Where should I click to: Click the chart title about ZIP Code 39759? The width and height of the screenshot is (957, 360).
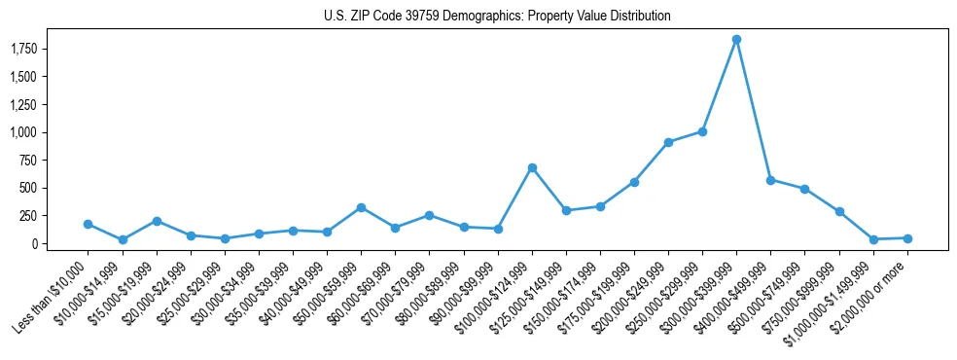point(497,17)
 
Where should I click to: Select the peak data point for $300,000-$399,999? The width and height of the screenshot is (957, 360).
point(736,39)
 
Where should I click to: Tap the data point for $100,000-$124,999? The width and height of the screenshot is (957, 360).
point(532,167)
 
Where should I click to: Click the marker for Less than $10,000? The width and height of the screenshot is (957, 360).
point(89,224)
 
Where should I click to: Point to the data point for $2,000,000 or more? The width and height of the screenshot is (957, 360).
point(907,238)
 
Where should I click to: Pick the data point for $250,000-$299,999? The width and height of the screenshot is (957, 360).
point(702,131)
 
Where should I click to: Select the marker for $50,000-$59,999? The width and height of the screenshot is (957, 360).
point(361,207)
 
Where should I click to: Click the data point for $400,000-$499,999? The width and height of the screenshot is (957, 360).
point(770,180)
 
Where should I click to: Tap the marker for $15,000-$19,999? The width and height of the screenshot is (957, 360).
point(157,221)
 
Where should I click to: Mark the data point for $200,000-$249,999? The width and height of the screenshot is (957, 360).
point(668,142)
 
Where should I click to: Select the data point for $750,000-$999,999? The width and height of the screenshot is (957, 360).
point(839,211)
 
